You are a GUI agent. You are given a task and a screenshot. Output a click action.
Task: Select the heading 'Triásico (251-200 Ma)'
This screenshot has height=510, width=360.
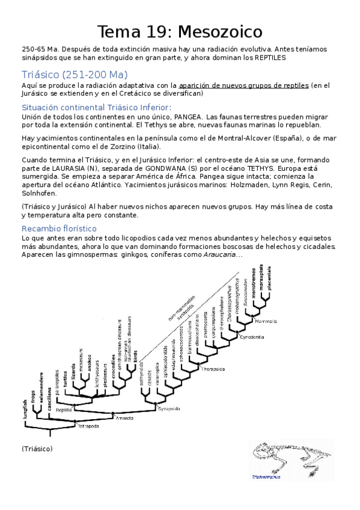point(75,75)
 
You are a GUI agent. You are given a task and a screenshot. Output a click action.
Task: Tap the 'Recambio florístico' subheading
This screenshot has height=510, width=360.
point(59,229)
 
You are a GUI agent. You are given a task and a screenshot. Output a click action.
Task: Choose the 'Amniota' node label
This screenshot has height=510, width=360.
point(124,416)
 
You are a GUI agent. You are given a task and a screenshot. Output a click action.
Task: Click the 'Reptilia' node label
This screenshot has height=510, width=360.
point(64,408)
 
